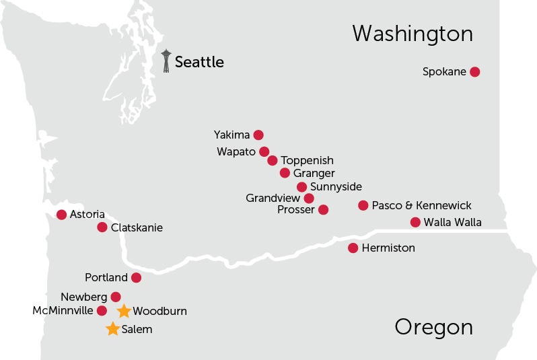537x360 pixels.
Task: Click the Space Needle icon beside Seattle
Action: click(x=166, y=61)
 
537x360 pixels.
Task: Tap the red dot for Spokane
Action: click(x=474, y=72)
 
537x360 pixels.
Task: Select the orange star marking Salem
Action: click(x=113, y=329)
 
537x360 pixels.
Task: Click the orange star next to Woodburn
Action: click(x=124, y=311)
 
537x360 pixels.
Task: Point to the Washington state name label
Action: click(x=413, y=34)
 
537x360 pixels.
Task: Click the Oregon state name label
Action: click(x=433, y=328)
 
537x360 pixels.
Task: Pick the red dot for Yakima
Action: click(x=258, y=135)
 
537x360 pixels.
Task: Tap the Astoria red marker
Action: click(x=62, y=215)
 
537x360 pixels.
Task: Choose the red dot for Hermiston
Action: click(x=353, y=248)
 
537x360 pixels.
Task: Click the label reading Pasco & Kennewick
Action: click(x=421, y=205)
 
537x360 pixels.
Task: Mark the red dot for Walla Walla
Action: click(x=415, y=223)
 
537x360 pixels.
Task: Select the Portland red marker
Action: click(x=136, y=278)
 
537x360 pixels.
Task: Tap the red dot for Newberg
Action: click(x=116, y=297)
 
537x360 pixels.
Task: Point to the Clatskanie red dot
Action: click(x=102, y=227)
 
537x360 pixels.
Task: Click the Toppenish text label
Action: click(x=307, y=161)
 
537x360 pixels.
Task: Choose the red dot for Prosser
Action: click(x=323, y=210)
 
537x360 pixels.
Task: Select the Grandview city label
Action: click(x=273, y=199)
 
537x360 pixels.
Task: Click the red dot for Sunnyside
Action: click(x=301, y=187)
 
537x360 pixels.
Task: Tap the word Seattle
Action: click(x=199, y=63)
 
